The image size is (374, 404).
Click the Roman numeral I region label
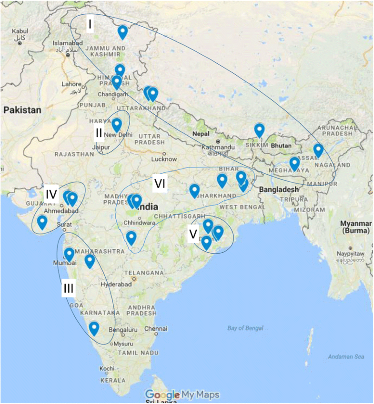point(89,25)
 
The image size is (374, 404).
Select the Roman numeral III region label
point(68,288)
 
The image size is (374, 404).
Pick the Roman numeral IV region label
point(51,195)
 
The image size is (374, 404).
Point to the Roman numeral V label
point(193,234)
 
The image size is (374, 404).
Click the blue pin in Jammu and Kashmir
point(122,32)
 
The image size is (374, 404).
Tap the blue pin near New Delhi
point(116,125)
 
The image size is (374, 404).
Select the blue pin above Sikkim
point(259,129)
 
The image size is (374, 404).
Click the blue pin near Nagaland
point(318,150)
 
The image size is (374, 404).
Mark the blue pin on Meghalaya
point(294,164)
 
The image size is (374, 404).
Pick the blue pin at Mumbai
point(69,255)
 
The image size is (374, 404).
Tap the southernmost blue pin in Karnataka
point(94,328)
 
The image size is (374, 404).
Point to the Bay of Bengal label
point(245,328)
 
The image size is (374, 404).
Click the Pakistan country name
point(22,109)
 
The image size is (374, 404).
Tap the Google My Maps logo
point(182,394)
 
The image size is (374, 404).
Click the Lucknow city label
point(164,159)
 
